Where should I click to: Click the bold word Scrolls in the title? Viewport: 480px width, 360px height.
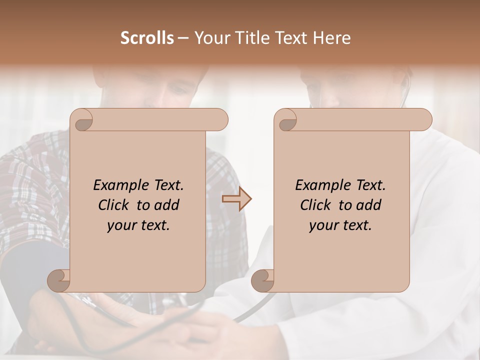pyautogui.click(x=147, y=38)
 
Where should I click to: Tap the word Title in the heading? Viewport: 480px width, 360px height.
pyautogui.click(x=251, y=38)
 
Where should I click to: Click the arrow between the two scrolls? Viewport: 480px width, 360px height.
pyautogui.click(x=236, y=199)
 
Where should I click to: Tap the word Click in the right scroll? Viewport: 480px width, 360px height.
pyautogui.click(x=316, y=205)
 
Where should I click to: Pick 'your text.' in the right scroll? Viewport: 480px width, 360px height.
pyautogui.click(x=340, y=225)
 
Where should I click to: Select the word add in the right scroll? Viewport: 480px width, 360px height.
pyautogui.click(x=369, y=205)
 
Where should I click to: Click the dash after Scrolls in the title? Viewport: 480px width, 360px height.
pyautogui.click(x=183, y=38)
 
